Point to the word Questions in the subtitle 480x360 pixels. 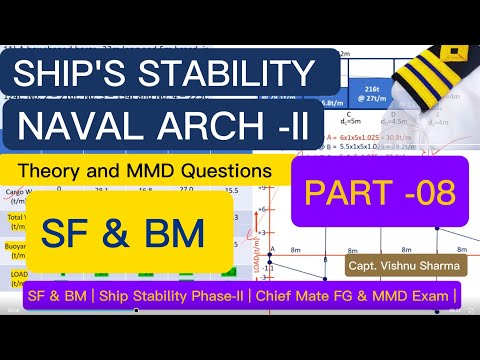[x=231, y=171]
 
